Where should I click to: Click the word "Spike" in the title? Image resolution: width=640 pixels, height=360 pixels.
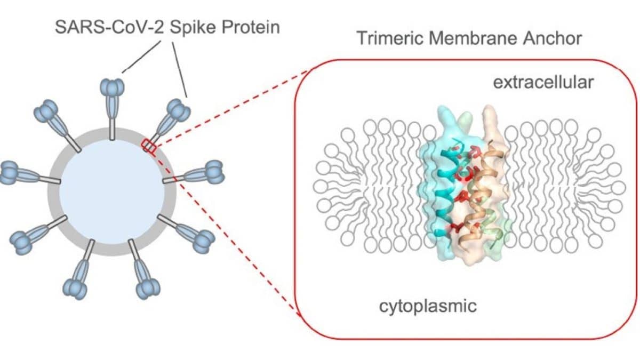tap(193, 28)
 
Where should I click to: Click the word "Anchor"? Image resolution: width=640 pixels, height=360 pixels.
tap(553, 38)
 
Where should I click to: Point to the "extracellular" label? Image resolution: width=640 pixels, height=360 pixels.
tap(543, 83)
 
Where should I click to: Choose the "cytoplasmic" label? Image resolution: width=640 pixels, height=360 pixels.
tap(428, 307)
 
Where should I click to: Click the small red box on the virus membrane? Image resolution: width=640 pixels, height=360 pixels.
tap(149, 146)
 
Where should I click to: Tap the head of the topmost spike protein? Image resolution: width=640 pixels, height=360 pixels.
tap(113, 87)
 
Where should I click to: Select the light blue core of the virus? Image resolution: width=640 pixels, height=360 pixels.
tap(112, 191)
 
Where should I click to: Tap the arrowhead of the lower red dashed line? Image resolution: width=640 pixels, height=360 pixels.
tap(298, 314)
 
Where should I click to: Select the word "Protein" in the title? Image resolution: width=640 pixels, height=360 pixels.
tap(251, 27)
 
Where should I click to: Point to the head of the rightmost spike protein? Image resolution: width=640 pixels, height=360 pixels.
tap(214, 171)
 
